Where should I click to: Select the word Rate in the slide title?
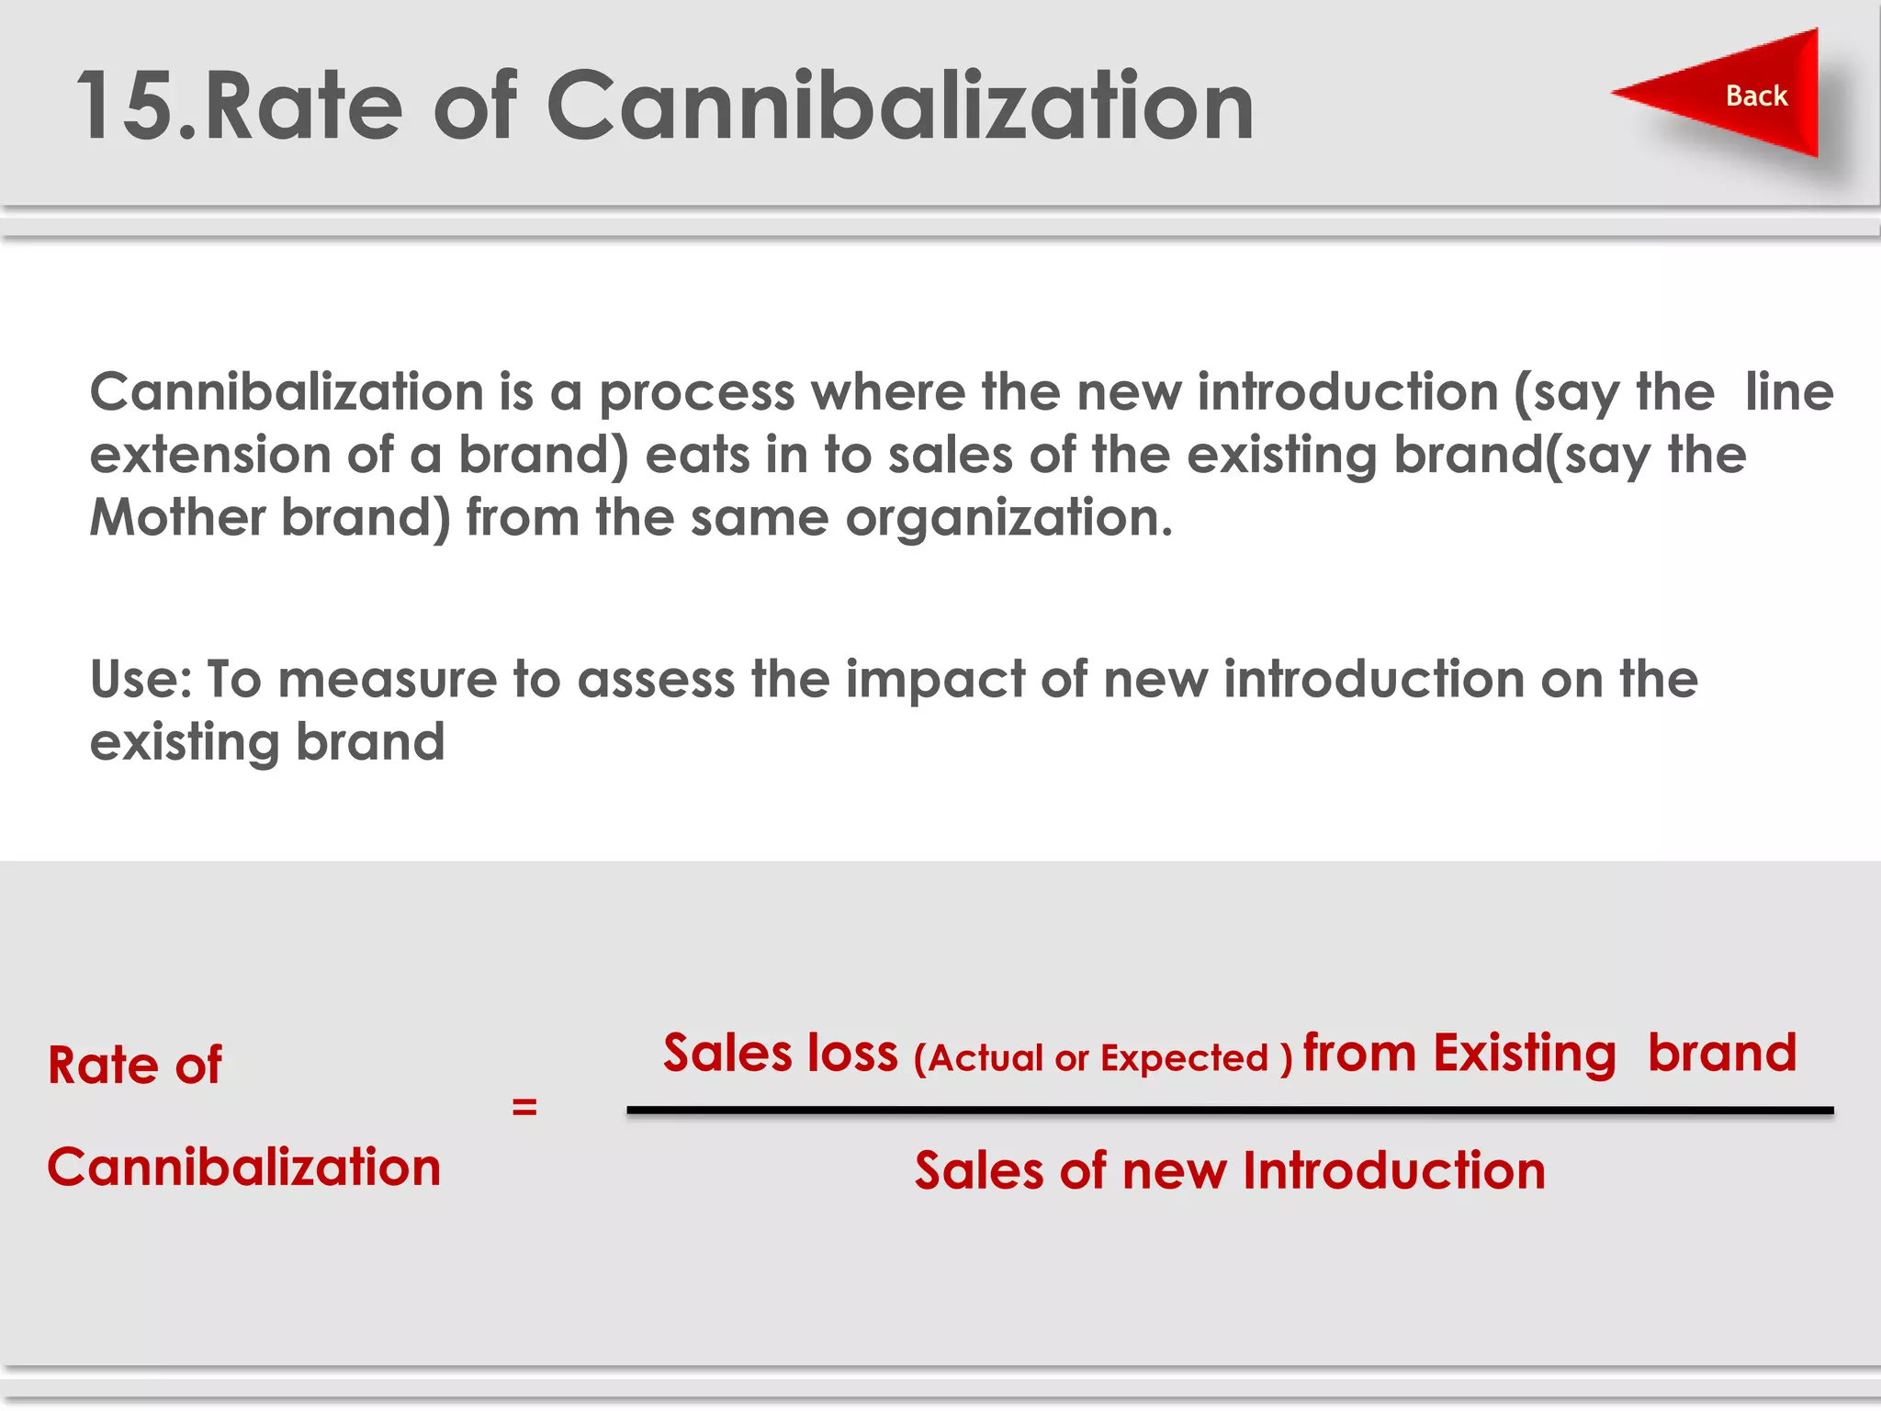tap(303, 107)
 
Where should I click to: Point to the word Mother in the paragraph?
tap(177, 517)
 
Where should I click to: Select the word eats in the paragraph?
tap(697, 456)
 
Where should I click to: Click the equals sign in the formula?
tap(524, 1107)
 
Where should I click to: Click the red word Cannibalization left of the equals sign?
tap(244, 1168)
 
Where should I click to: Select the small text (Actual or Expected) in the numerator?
tap(1103, 1058)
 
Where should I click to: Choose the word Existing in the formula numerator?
tap(1524, 1054)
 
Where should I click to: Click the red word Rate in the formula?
tap(103, 1066)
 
